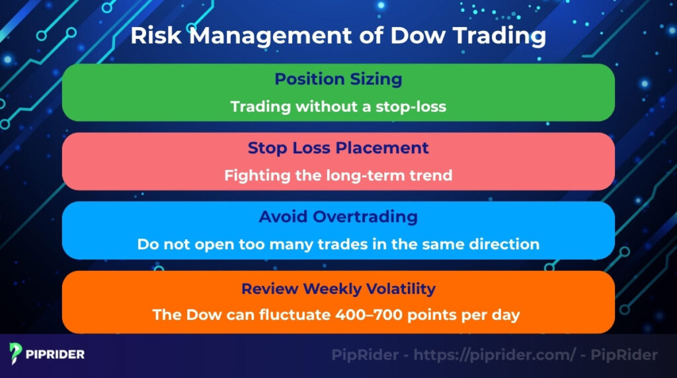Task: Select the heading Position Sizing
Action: [338, 79]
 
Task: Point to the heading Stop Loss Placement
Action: [338, 148]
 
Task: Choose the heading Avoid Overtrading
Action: [338, 217]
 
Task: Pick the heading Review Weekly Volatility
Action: [338, 289]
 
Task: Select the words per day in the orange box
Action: [495, 315]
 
